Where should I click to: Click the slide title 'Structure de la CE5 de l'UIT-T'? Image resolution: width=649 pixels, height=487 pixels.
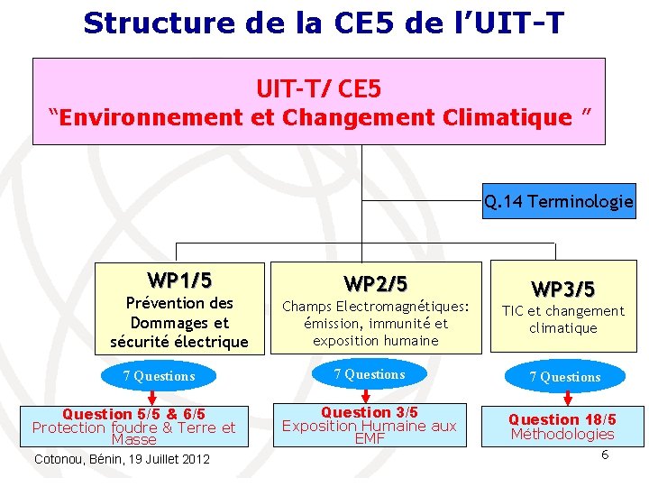tap(324, 23)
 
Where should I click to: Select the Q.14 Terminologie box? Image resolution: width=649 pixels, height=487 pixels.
tap(558, 201)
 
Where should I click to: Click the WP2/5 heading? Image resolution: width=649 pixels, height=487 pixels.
tap(375, 284)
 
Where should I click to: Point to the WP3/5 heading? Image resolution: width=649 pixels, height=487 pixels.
tap(562, 289)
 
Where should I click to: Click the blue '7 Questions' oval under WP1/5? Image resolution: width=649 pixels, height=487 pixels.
tap(159, 376)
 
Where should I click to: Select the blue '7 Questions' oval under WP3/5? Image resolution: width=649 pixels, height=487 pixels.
tap(564, 377)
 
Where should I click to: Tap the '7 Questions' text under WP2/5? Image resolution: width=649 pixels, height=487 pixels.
tap(370, 374)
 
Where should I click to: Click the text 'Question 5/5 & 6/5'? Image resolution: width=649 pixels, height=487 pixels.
tap(133, 414)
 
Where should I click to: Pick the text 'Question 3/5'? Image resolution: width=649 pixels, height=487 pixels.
tap(370, 412)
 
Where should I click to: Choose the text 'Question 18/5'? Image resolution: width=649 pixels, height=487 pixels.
tap(562, 419)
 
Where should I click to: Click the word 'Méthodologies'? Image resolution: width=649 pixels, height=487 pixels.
tap(562, 434)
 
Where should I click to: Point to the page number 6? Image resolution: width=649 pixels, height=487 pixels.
tap(605, 454)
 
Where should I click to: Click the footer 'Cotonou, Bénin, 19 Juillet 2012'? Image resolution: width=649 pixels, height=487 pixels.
tap(122, 460)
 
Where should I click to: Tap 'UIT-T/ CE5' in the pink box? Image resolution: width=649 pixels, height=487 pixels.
tap(319, 88)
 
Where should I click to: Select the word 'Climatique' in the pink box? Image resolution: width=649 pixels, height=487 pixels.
tap(517, 117)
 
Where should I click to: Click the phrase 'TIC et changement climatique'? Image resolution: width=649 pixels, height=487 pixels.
tap(562, 319)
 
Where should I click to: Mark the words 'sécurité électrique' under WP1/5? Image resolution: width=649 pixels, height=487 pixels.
tap(178, 342)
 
